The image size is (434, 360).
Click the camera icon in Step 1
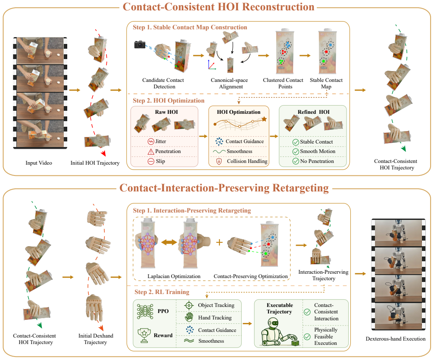click(140, 44)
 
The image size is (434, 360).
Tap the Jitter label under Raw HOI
click(160, 141)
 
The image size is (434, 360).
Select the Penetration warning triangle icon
click(151, 151)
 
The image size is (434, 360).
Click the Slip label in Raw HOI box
click(160, 161)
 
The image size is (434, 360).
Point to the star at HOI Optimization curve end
click(264, 119)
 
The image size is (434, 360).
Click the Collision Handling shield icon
click(219, 161)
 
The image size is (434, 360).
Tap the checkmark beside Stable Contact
click(296, 142)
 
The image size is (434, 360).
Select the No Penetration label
click(317, 161)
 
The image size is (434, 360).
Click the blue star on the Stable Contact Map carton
click(330, 44)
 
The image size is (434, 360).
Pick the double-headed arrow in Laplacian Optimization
click(169, 242)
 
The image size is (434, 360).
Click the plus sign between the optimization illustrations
click(219, 242)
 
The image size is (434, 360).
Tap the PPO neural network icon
click(145, 311)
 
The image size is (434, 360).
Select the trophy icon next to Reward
click(144, 335)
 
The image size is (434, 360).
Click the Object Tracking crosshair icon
click(189, 305)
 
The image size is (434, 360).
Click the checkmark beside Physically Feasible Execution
click(307, 337)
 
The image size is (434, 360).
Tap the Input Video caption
click(39, 163)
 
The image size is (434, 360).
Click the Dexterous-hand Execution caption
click(396, 339)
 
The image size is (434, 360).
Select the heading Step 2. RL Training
click(162, 292)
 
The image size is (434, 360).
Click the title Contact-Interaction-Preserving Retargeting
click(224, 188)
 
